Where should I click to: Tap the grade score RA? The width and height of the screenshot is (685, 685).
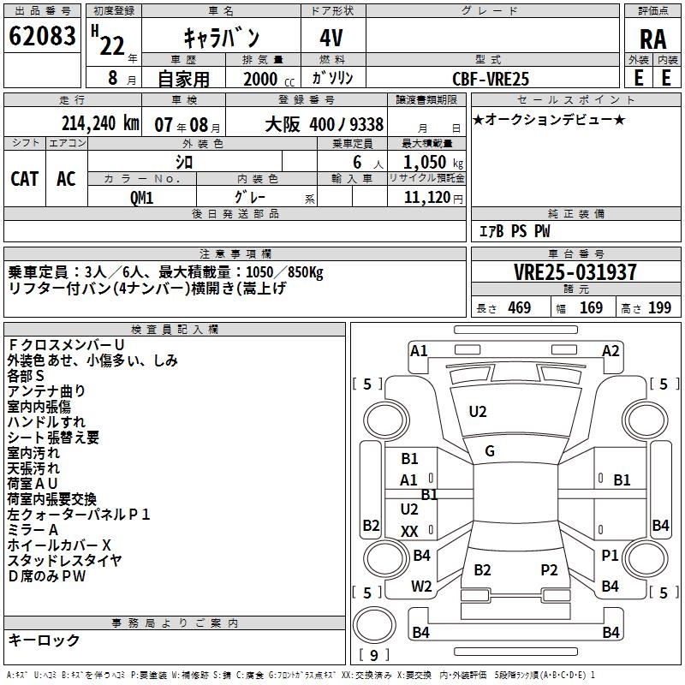tap(652, 39)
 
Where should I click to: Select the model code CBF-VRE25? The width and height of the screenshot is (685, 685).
tap(491, 78)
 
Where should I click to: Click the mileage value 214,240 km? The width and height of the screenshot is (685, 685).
tap(99, 123)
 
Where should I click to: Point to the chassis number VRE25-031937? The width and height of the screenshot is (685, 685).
tap(575, 272)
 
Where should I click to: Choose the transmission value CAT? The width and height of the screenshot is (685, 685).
tap(25, 178)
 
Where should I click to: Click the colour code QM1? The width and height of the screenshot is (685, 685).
tap(141, 197)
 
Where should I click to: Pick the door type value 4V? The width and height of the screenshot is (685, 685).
tap(333, 38)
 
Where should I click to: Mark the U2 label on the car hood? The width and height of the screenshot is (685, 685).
tap(478, 412)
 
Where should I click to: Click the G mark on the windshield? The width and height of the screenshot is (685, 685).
tap(490, 451)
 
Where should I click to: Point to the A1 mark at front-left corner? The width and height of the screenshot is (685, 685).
tap(419, 350)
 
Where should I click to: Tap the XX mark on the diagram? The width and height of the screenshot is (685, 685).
tap(409, 532)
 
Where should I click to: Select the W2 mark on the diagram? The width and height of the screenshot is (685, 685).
tap(421, 587)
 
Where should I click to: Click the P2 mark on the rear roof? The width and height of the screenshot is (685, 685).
tap(549, 569)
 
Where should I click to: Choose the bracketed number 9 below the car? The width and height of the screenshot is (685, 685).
tap(374, 655)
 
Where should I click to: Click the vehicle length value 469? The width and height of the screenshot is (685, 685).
tap(519, 307)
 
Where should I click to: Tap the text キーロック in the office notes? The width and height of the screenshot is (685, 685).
tap(44, 640)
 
